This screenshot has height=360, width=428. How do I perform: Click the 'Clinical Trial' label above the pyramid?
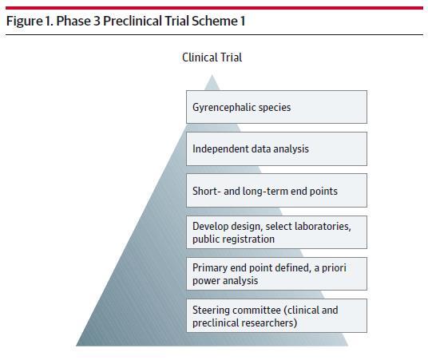212,57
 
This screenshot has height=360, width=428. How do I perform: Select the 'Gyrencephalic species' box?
276,107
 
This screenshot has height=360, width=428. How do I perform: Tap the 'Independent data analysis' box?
276,149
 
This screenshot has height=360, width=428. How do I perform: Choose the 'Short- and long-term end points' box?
276,191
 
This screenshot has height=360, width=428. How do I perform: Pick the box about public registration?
276,232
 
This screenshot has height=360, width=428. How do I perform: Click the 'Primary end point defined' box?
276,274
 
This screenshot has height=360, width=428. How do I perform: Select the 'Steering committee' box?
276,316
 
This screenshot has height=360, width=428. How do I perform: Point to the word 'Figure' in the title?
24,22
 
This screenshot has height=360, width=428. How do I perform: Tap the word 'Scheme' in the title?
215,21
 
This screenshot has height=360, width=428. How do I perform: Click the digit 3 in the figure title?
97,21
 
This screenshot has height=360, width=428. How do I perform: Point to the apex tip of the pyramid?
212,75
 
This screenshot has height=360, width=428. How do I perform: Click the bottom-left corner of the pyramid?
77,346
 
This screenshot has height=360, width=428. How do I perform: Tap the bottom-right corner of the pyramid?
348,346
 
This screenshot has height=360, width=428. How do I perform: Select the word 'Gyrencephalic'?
224,108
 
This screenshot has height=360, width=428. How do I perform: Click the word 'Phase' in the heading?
73,21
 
